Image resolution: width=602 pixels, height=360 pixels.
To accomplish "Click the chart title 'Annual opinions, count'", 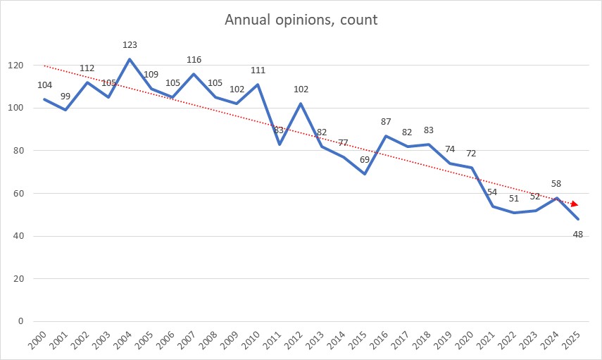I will point(301,20).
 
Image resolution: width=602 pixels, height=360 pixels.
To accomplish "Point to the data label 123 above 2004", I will point(130,44).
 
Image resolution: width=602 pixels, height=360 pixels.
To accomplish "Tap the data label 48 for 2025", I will point(577,234).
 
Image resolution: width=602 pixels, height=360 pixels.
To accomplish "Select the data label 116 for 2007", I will point(194,60).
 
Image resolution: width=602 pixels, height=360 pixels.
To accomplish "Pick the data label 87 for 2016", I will point(385,122).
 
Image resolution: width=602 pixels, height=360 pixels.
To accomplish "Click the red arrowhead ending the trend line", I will point(575,204).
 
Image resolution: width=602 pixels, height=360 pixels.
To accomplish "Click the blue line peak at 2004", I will point(130,59).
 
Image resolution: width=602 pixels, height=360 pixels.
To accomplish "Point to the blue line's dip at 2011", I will point(279,144).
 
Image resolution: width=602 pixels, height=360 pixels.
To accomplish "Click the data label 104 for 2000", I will point(44,85).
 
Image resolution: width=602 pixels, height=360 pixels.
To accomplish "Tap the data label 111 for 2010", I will point(258,70).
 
